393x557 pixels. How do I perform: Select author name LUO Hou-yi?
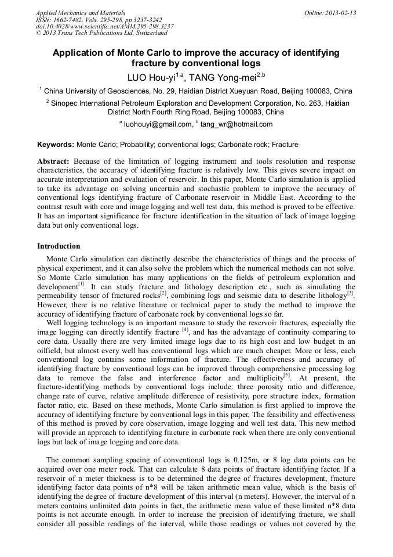click(151, 77)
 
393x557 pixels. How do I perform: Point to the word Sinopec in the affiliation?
click(65, 103)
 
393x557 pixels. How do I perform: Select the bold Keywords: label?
click(56, 144)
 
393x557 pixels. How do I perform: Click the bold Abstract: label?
click(53, 161)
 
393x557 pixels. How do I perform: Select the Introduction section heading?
click(59, 246)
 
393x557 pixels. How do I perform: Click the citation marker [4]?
click(185, 329)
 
